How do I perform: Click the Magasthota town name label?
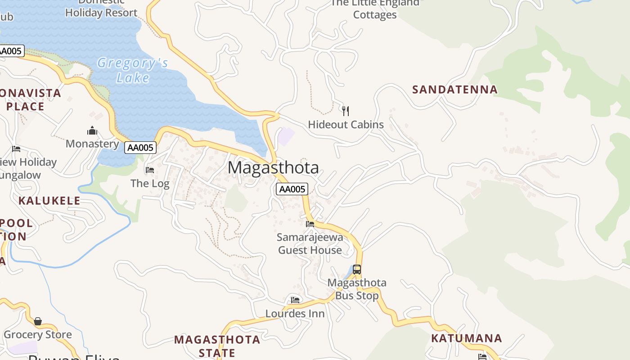point(273,168)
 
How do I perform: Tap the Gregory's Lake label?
point(132,70)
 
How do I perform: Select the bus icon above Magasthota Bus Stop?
point(357,270)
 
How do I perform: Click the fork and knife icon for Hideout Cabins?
point(346,111)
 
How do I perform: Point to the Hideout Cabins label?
point(346,125)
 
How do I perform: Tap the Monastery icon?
point(92,131)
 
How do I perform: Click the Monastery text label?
point(92,144)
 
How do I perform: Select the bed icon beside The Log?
point(150,170)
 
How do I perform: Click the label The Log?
point(150,184)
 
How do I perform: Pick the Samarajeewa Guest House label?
point(310,243)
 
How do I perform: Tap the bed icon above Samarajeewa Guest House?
point(310,224)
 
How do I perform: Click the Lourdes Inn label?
point(295,314)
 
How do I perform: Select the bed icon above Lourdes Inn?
point(295,300)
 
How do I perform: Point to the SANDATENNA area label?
point(455,90)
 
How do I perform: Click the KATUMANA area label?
point(467,338)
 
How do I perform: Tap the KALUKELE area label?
point(49,201)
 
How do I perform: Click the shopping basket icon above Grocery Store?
point(38,321)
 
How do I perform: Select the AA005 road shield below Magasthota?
point(292,189)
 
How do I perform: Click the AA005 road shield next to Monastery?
point(140,148)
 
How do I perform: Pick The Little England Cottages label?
point(375,9)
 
